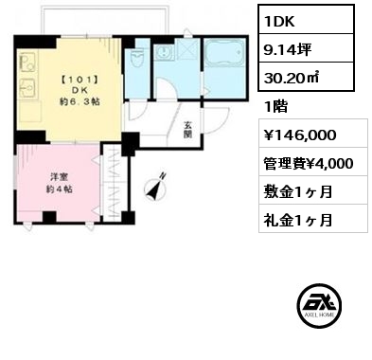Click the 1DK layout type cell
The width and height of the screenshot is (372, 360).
[307, 19]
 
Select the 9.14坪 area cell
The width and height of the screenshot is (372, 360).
[307, 47]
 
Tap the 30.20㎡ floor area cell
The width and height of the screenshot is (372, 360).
[307, 77]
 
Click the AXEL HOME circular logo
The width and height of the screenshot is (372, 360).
[319, 305]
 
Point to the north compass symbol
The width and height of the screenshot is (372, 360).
[156, 188]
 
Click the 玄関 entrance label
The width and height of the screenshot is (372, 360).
[188, 130]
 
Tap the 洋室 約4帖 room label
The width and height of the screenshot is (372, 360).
[59, 183]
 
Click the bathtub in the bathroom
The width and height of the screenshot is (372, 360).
[224, 53]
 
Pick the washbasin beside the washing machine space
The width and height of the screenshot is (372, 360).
[164, 53]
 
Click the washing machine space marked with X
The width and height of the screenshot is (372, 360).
[187, 49]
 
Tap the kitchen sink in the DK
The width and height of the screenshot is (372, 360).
[28, 88]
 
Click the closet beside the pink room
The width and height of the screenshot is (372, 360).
[114, 183]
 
